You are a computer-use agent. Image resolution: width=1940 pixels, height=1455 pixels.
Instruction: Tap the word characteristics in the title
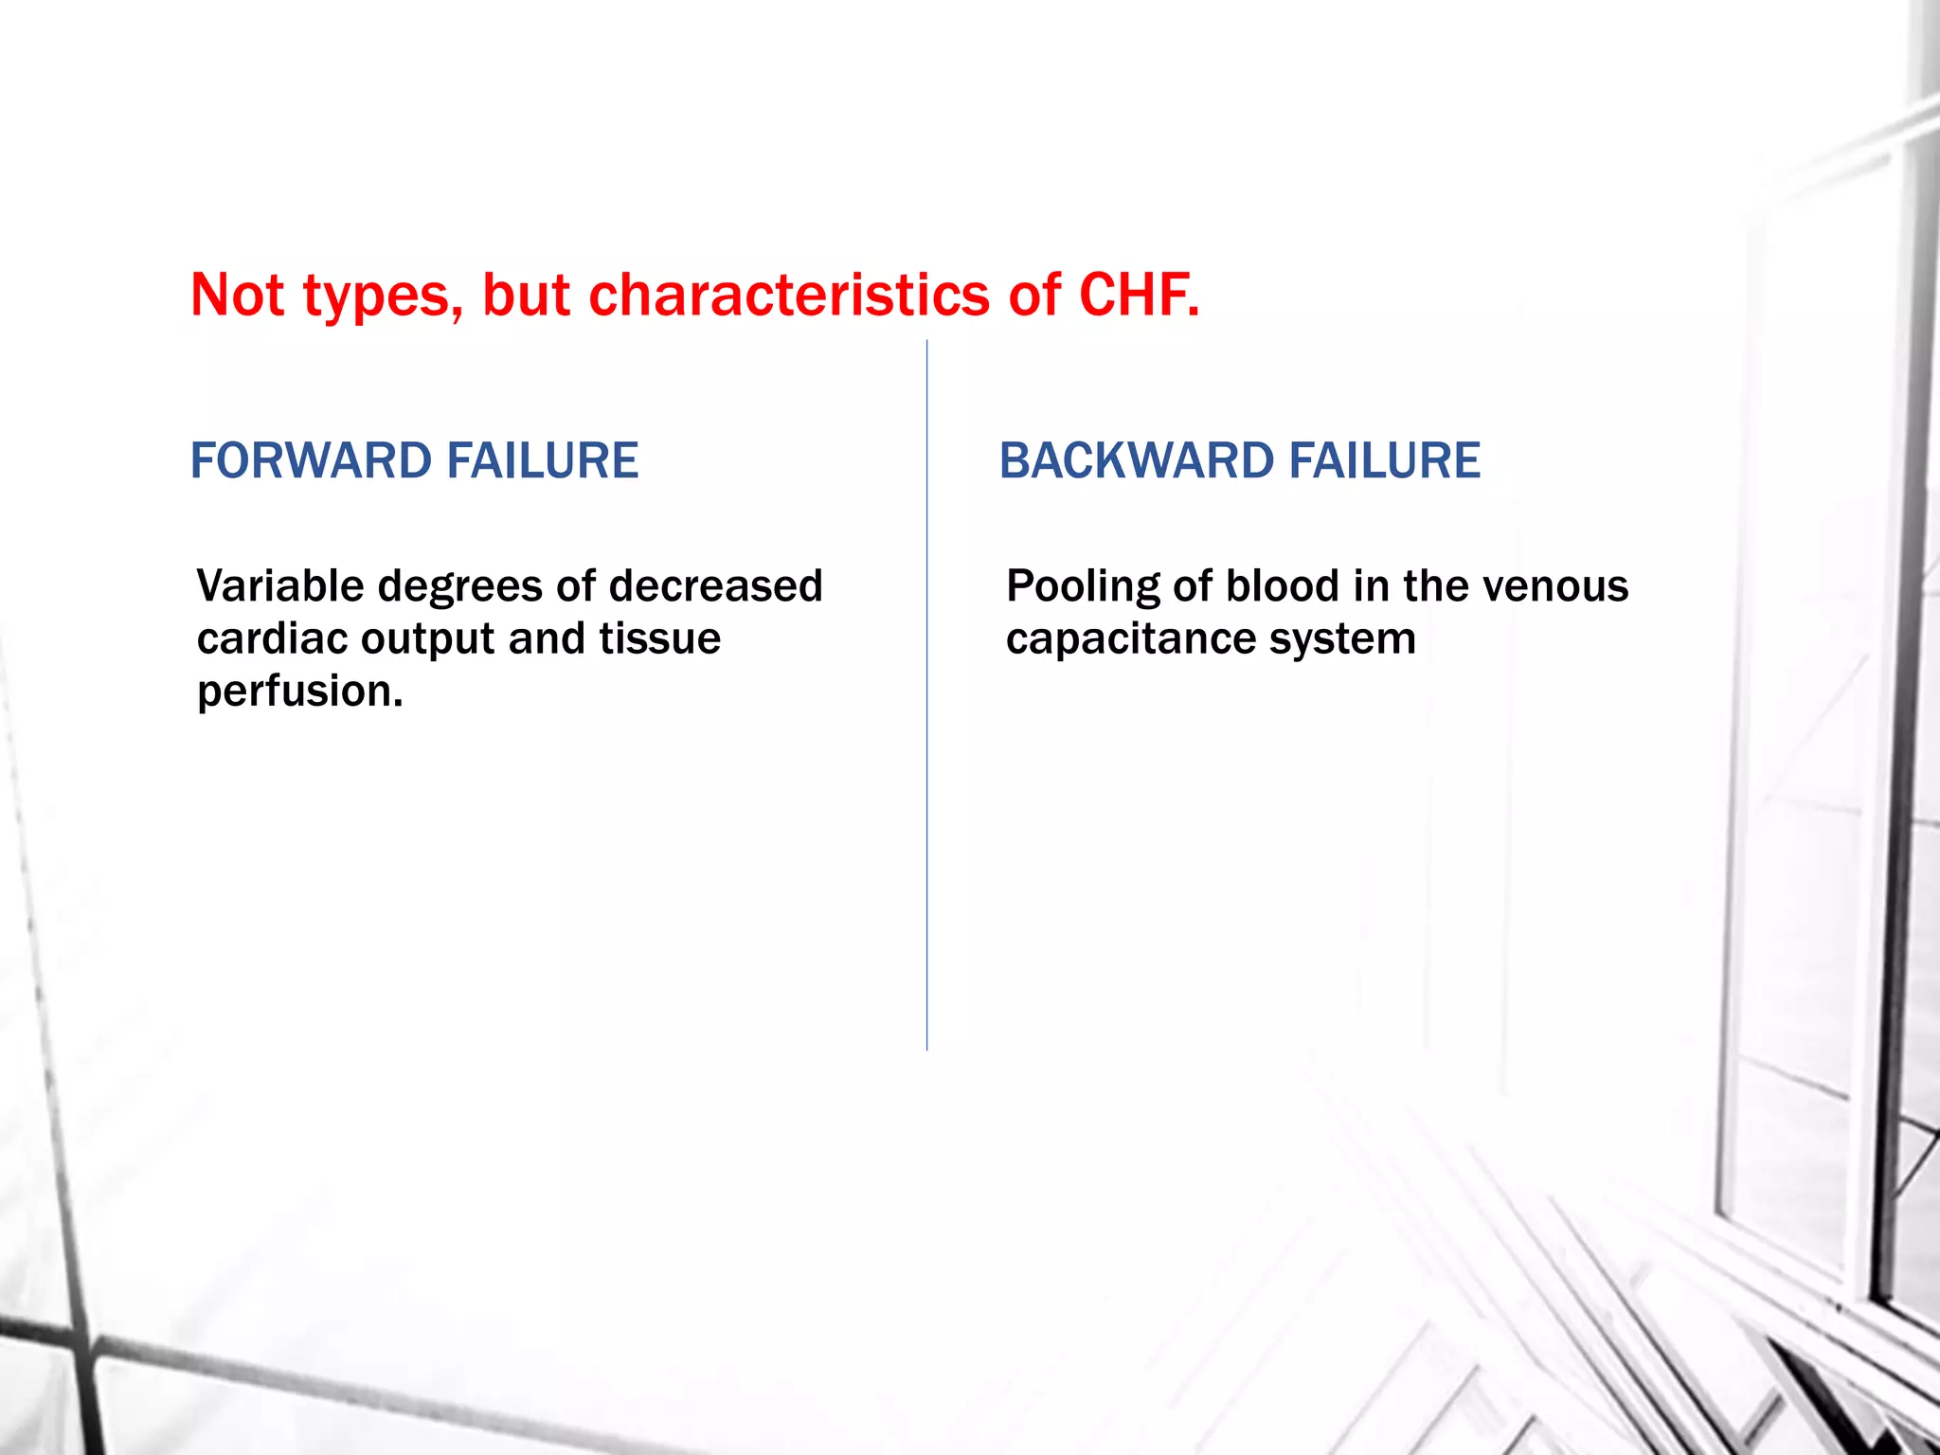(789, 295)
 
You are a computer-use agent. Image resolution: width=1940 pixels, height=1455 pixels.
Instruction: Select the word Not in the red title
(237, 295)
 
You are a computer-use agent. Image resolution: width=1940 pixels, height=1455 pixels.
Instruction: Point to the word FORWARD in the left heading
(311, 461)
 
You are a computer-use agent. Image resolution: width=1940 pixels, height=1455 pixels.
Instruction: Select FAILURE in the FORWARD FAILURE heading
(543, 461)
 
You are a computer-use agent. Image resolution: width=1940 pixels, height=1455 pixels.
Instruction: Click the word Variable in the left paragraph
(279, 586)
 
